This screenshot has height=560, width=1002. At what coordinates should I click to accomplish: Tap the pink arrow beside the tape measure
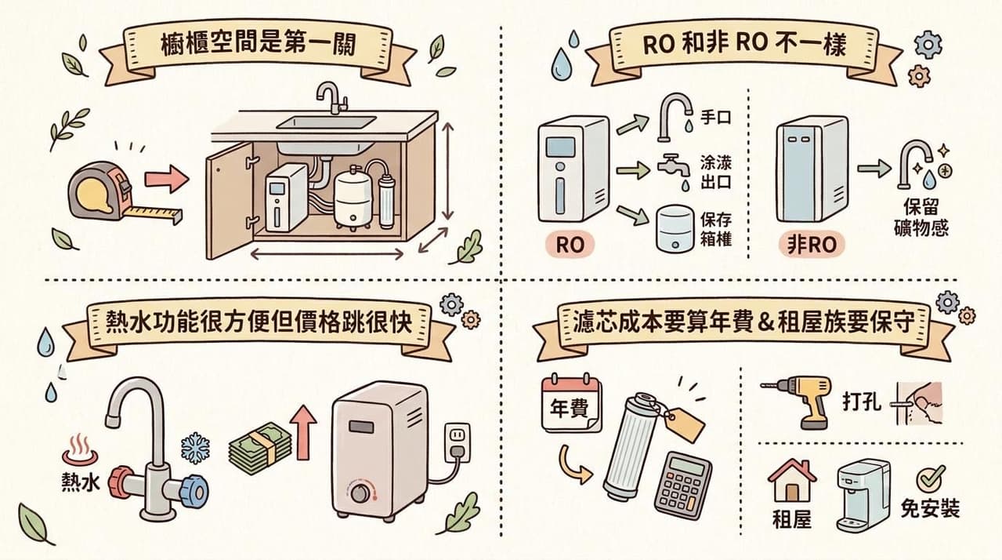166,179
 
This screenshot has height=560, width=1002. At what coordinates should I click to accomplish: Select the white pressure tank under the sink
353,198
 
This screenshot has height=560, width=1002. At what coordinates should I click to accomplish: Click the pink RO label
570,245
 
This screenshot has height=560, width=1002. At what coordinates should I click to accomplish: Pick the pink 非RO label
812,245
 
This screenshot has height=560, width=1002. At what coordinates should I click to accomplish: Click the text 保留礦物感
921,217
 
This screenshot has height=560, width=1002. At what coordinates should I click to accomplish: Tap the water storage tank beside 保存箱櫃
675,228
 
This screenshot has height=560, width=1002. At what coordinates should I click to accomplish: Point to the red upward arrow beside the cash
303,432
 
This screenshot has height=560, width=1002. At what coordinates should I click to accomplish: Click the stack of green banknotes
260,449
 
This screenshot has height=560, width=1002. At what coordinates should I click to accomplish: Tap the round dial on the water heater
360,493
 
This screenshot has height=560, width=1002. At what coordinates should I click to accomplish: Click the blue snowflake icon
196,448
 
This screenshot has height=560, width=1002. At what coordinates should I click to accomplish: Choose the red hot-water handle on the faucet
121,482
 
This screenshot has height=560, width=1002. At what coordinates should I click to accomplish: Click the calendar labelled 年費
571,404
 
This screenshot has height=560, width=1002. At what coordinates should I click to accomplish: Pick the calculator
682,485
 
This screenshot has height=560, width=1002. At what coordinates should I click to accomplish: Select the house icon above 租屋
792,480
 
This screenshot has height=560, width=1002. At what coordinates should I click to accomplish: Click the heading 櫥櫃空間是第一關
259,45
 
